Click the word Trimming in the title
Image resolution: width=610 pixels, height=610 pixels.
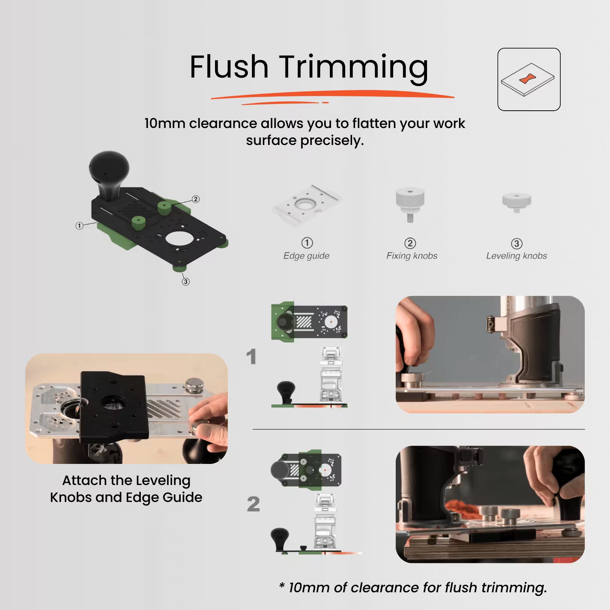click(353, 68)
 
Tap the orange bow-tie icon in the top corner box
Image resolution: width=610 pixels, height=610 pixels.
click(528, 79)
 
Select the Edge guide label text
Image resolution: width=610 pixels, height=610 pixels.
click(306, 256)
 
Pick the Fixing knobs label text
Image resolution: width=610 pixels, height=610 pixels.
click(412, 256)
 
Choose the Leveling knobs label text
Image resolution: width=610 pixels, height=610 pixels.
click(516, 256)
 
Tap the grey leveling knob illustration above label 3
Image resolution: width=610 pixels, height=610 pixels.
click(517, 202)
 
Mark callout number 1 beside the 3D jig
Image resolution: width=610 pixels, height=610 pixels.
click(79, 226)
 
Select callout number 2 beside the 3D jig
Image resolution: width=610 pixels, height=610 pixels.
click(195, 199)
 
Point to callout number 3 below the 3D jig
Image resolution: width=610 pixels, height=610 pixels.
click(186, 281)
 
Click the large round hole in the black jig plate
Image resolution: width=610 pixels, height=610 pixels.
click(178, 239)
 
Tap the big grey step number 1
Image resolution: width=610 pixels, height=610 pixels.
click(251, 356)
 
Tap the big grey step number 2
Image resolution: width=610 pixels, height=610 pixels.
click(253, 504)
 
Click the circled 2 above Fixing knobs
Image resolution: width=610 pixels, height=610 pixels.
click(410, 243)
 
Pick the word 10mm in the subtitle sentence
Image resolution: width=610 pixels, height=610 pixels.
click(165, 124)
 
